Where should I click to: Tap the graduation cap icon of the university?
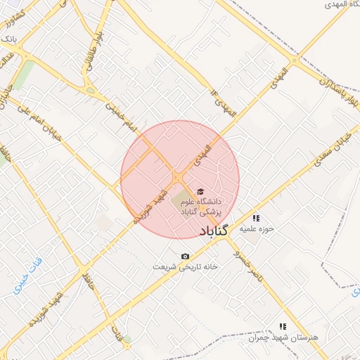[200, 191]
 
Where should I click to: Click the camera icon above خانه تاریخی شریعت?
[185, 257]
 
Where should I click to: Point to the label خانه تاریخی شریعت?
[186, 267]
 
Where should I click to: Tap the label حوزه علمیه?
[256, 229]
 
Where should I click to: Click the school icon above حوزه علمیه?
[256, 218]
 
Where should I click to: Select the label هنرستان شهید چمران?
[283, 337]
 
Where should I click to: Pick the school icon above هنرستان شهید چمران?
[283, 327]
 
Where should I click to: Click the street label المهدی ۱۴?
[224, 101]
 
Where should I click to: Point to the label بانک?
[8, 37]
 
